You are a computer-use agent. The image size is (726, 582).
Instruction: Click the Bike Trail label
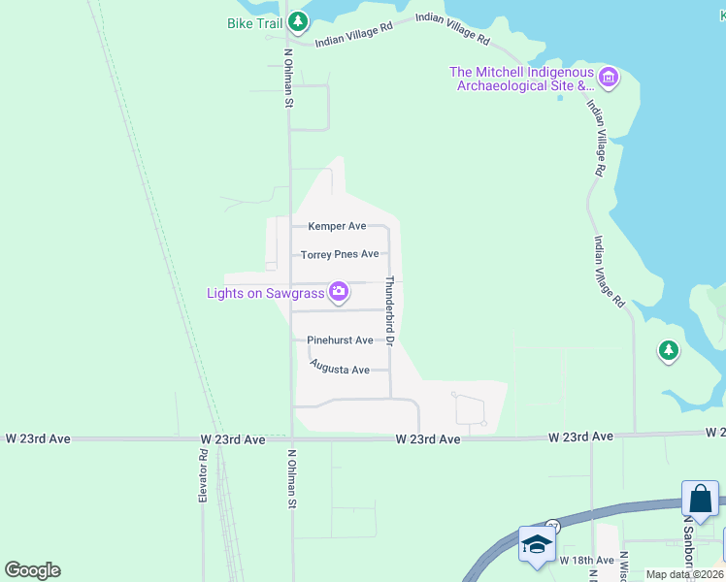pyautogui.click(x=255, y=22)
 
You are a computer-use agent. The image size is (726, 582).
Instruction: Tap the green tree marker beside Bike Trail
pyautogui.click(x=299, y=21)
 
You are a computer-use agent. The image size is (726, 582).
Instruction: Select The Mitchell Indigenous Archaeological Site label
pyautogui.click(x=520, y=79)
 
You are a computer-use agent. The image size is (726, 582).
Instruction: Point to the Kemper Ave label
pyautogui.click(x=337, y=226)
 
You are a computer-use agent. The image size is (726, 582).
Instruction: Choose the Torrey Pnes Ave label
pyautogui.click(x=340, y=254)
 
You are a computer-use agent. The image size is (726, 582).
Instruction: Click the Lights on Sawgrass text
pyautogui.click(x=265, y=292)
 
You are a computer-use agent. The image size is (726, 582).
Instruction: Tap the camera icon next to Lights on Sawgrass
pyautogui.click(x=339, y=291)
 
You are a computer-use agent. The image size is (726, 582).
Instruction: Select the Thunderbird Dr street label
pyautogui.click(x=388, y=310)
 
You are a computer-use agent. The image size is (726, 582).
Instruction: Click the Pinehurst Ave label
pyautogui.click(x=340, y=340)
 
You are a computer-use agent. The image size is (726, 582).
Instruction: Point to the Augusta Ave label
pyautogui.click(x=340, y=369)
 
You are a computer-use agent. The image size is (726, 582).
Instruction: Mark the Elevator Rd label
pyautogui.click(x=204, y=474)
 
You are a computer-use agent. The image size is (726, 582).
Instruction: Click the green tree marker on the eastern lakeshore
pyautogui.click(x=668, y=351)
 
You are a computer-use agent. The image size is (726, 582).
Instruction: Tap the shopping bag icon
pyautogui.click(x=700, y=501)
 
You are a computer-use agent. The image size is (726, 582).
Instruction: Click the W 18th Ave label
pyautogui.click(x=586, y=561)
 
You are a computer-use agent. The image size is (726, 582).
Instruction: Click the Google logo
pyautogui.click(x=32, y=570)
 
